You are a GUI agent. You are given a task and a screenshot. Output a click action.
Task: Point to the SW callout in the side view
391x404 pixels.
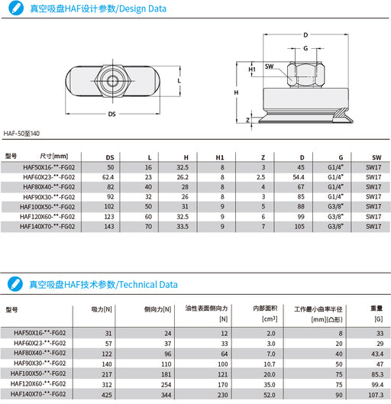coord(270,66)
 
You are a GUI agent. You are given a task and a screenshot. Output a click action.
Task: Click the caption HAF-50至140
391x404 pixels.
coord(21,134)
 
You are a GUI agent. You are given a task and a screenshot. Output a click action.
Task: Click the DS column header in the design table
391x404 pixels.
coord(109,157)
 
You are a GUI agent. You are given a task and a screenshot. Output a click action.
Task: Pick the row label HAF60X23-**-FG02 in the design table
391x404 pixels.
coord(49,176)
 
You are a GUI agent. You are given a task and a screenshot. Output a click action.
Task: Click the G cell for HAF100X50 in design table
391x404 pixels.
coord(335,206)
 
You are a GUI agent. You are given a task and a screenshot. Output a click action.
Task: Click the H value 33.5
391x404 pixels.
coord(182,226)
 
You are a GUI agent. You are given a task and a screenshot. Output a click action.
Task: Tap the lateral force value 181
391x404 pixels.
coord(165,375)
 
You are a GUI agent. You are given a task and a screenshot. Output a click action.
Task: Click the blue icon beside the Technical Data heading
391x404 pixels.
coord(13,283)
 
